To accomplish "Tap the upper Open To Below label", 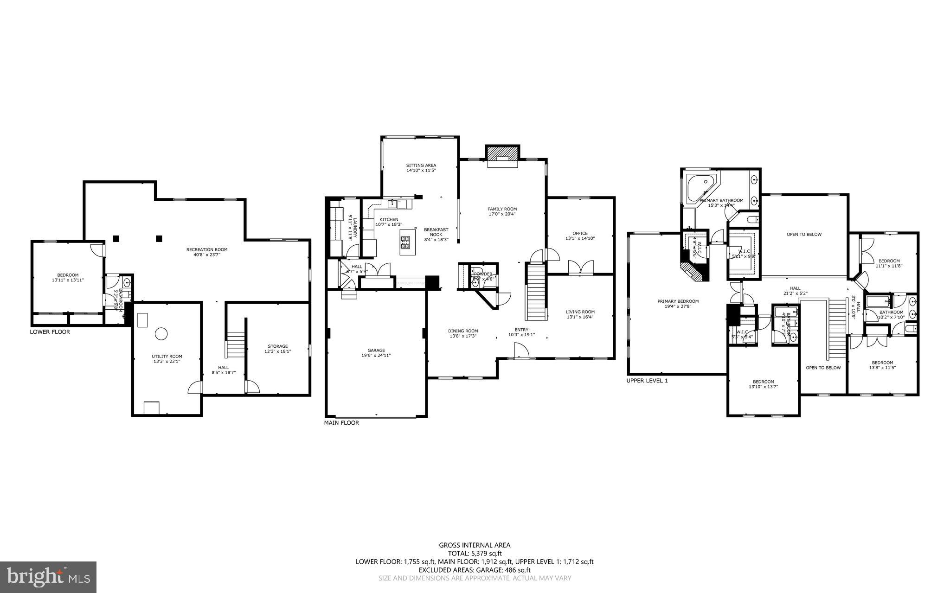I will [803, 235].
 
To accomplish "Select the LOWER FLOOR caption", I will [50, 332].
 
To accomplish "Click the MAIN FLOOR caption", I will [341, 423].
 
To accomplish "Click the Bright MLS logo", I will [48, 577].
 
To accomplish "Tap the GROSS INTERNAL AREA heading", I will [475, 545].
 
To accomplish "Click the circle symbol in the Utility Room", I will [161, 333].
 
